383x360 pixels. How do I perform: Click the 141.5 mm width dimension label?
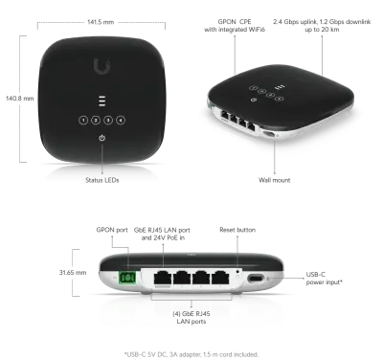pos(101,22)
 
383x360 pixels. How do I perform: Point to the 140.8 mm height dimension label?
pos(19,99)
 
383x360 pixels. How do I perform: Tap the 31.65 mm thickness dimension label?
pos(73,273)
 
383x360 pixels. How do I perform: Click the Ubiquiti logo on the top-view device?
pos(102,66)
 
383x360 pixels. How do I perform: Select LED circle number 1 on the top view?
pos(83,120)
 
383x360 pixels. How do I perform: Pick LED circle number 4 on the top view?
pos(121,120)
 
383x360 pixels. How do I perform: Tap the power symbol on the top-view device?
pos(101,138)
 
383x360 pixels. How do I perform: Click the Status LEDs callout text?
pos(102,180)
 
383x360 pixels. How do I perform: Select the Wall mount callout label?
pos(275,180)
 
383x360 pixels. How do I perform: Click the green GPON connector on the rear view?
pos(127,278)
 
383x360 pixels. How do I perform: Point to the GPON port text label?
pos(112,230)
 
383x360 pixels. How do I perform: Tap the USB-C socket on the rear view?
pos(256,278)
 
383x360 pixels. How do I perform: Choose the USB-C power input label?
pos(325,279)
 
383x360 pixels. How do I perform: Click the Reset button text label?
pos(237,230)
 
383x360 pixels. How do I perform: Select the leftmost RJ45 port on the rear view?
pos(163,278)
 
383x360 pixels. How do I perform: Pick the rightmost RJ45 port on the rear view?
pos(220,278)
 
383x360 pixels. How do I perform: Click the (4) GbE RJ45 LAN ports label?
pos(191,318)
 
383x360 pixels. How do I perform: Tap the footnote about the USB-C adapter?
pos(191,354)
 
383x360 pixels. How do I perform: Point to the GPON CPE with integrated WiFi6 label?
pos(235,26)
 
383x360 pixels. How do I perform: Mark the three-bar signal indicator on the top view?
pos(101,101)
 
